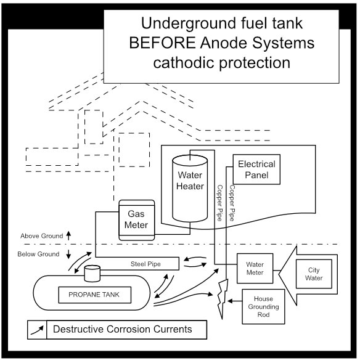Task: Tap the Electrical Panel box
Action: pos(256,169)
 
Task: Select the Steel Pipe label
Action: pos(145,264)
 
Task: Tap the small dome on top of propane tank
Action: pos(92,272)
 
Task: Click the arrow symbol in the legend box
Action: pos(37,330)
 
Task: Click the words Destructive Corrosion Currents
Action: pos(122,329)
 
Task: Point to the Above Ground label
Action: pos(41,236)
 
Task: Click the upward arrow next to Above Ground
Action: pos(68,235)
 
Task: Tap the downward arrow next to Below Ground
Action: pos(68,254)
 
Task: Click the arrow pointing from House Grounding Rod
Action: pos(233,301)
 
